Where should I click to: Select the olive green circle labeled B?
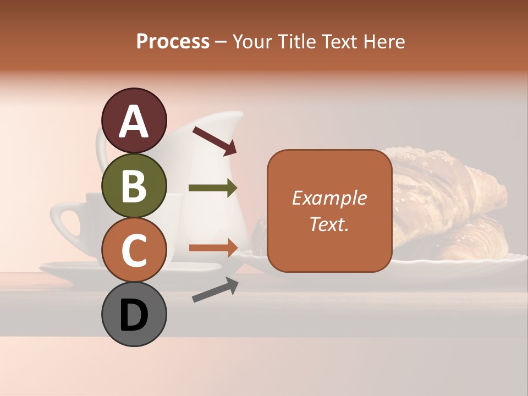(x=134, y=185)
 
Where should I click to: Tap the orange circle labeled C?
(x=134, y=250)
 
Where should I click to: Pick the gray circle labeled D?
(x=134, y=315)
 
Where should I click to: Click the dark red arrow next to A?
(x=214, y=140)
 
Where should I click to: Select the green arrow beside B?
(x=213, y=188)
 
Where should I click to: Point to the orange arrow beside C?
(x=213, y=248)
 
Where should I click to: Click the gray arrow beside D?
(x=215, y=290)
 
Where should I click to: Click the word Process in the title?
(x=173, y=41)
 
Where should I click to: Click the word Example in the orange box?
(x=329, y=198)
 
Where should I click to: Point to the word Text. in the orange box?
(x=329, y=224)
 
